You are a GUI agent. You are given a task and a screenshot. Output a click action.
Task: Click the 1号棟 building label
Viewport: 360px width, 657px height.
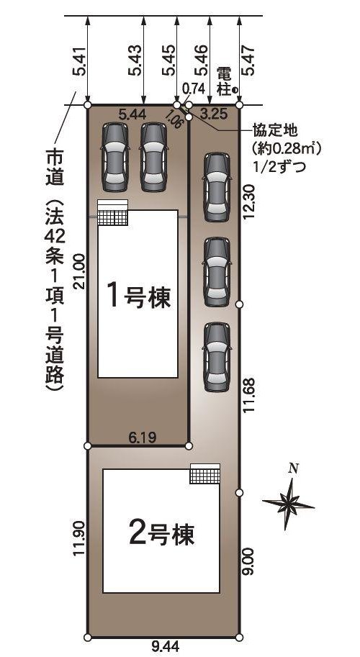coord(139,296)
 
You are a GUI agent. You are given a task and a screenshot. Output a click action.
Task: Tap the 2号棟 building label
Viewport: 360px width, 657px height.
coord(162,533)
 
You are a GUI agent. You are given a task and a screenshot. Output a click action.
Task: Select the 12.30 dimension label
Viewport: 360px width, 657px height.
coord(249,202)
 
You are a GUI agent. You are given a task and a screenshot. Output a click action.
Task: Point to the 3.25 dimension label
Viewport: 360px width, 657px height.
coord(214,113)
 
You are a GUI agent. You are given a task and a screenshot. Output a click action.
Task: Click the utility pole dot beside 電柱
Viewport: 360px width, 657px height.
coord(235,90)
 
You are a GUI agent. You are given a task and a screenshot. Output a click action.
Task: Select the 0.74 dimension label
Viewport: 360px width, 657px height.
coord(193,88)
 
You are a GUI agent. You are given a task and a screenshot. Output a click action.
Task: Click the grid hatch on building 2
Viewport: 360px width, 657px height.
coord(204,474)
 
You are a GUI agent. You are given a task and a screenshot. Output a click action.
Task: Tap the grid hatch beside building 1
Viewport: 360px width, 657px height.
coord(112,214)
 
